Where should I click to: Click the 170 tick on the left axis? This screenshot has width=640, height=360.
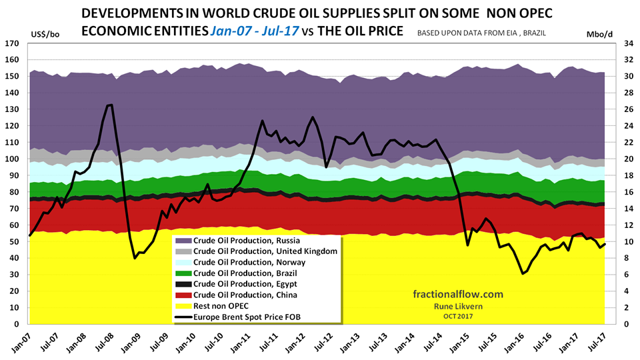point(12,43)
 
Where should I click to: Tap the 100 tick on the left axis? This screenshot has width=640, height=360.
point(12,159)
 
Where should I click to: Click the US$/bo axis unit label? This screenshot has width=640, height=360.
point(45,33)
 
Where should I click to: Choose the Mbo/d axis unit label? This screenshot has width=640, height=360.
point(598,33)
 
